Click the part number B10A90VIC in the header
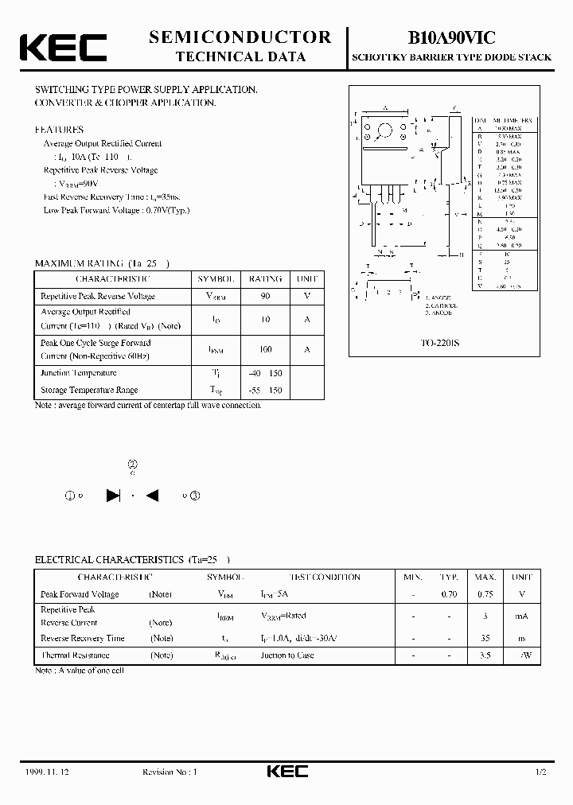click(452, 37)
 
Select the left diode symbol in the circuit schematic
click(113, 496)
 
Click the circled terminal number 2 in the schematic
click(132, 465)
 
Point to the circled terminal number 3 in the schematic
click(196, 496)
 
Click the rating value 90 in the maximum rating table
click(265, 296)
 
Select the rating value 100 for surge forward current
click(265, 349)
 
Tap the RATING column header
click(265, 279)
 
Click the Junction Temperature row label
click(79, 373)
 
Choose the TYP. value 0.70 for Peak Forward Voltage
click(450, 594)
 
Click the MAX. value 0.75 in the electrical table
click(485, 594)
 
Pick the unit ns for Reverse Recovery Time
click(522, 638)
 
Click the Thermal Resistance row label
click(75, 655)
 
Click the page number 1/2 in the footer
click(541, 772)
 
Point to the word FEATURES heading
click(59, 129)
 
